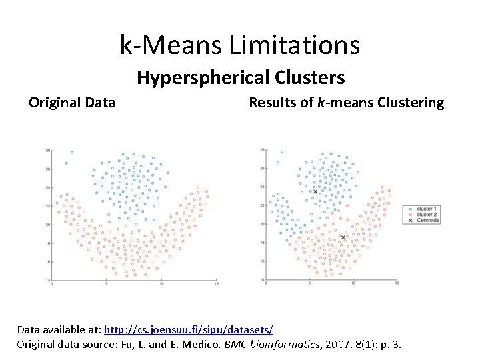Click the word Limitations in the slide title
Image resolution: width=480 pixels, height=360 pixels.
pyautogui.click(x=295, y=45)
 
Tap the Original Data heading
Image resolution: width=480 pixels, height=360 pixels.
pyautogui.click(x=72, y=103)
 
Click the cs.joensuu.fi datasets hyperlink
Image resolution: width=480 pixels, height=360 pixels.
pyautogui.click(x=189, y=330)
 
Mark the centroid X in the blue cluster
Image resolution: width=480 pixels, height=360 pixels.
pyautogui.click(x=315, y=191)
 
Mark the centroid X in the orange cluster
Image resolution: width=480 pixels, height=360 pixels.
pyautogui.click(x=343, y=237)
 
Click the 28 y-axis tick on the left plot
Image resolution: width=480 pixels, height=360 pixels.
pyautogui.click(x=48, y=151)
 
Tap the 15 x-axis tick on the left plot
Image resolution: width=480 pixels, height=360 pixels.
pyautogui.click(x=217, y=284)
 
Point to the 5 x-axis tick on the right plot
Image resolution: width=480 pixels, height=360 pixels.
pyautogui.click(x=309, y=284)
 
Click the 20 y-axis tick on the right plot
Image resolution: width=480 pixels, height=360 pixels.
pyautogui.click(x=261, y=225)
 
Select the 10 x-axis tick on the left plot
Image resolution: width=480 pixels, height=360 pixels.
pyautogui.click(x=161, y=284)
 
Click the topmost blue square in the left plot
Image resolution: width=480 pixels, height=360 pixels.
pyautogui.click(x=72, y=153)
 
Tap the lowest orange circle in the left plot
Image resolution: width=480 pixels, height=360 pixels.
pyautogui.click(x=125, y=275)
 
